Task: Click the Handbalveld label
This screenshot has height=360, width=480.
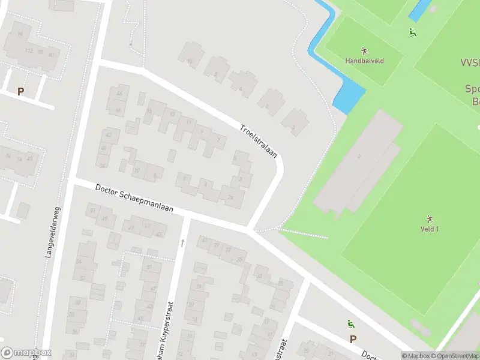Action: point(365,61)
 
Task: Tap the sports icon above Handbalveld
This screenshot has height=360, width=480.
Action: point(364,50)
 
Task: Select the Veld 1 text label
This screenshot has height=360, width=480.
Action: point(430,229)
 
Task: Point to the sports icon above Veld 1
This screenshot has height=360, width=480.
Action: point(430,218)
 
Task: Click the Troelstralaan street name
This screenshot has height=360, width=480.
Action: point(258,141)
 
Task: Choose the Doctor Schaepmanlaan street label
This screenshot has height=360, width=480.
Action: point(134,199)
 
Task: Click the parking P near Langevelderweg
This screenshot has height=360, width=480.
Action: point(21,92)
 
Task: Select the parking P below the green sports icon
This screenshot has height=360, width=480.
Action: point(353,339)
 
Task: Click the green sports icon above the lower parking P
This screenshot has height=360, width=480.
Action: point(350,325)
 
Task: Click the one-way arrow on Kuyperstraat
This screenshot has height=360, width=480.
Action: point(182,243)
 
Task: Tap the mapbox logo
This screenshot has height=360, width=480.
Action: point(26,353)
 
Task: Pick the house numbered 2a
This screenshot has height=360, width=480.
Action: point(230,196)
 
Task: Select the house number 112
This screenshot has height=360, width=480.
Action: point(29,50)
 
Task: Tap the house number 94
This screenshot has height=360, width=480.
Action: point(20,34)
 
